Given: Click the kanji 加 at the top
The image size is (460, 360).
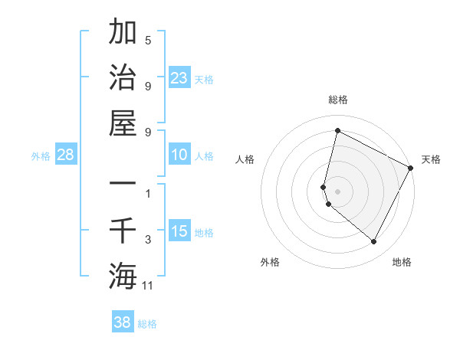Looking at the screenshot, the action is (123, 34).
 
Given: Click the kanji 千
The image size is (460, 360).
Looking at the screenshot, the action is (123, 231).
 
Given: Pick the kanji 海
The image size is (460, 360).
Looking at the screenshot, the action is (123, 275).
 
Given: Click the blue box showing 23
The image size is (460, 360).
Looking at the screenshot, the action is (179, 77).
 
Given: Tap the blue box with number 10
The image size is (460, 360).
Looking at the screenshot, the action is (179, 155).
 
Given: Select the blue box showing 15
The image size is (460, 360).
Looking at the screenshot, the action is (179, 231).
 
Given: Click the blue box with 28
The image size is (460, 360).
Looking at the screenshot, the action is (66, 155).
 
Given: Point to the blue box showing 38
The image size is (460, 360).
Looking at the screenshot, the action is (123, 322).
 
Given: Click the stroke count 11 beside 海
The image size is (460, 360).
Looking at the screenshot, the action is (148, 286).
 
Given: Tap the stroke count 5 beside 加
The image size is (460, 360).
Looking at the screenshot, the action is (148, 40).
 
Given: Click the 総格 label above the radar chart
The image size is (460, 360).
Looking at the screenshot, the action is (337, 100).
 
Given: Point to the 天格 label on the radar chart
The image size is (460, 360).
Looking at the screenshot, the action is (431, 159).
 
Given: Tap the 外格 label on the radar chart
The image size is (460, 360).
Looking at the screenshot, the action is (270, 262).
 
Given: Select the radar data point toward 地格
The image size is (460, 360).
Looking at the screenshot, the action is (373, 241).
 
